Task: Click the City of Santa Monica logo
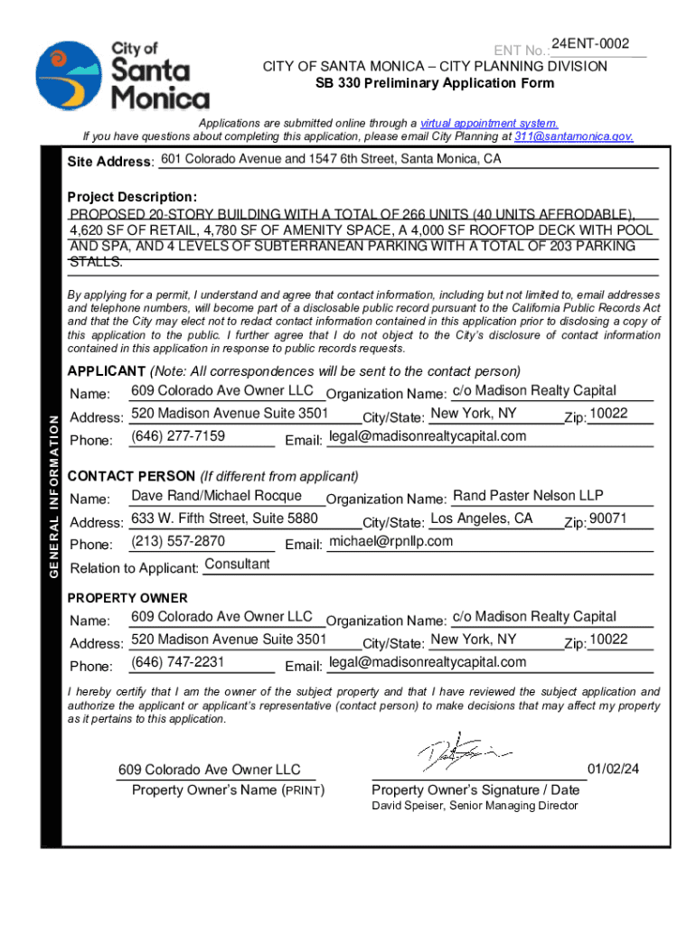[x=122, y=75]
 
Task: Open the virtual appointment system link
[x=489, y=123]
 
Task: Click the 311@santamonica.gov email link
[x=573, y=137]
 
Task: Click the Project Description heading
[x=132, y=197]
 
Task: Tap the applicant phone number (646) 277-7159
[x=178, y=436]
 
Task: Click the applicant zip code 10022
[x=608, y=414]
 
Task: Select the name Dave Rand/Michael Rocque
[x=216, y=496]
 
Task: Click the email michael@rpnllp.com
[x=390, y=541]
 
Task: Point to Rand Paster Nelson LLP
[x=528, y=496]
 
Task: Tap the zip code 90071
[x=607, y=519]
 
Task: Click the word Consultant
[x=237, y=564]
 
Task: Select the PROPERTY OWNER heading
[x=127, y=598]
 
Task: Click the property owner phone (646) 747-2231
[x=178, y=662]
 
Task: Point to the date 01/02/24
[x=613, y=770]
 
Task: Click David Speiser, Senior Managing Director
[x=475, y=805]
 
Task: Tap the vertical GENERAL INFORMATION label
[x=54, y=495]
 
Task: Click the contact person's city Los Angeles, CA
[x=482, y=519]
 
